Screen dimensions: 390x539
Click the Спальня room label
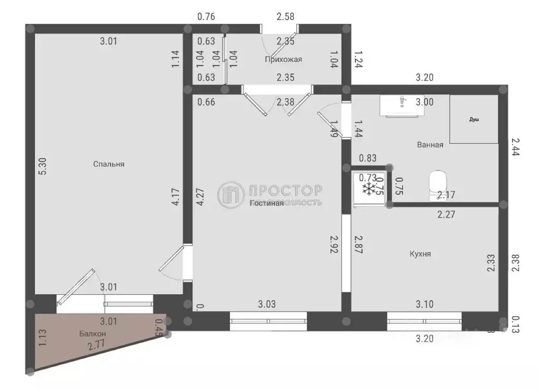coord(108,164)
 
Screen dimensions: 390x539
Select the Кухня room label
coord(420,253)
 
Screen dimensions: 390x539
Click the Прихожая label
coord(283,60)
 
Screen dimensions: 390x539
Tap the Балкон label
coord(93,334)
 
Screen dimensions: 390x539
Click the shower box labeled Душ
coord(474,120)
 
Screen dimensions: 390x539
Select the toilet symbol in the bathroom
coord(437,182)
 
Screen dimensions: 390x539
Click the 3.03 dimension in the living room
coord(267,304)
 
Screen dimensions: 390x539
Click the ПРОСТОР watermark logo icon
coord(231,194)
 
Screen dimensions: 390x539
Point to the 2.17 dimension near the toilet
coord(446,195)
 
